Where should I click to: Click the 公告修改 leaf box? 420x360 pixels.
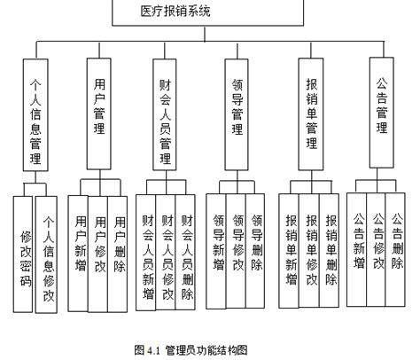pos(378,239)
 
